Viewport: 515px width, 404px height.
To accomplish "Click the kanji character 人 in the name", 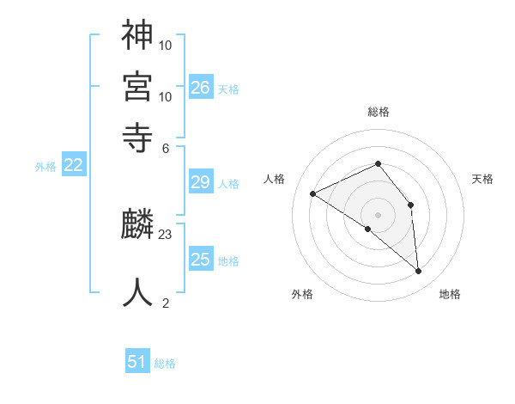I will pos(138,291).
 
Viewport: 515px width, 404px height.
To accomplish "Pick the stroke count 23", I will pos(166,234).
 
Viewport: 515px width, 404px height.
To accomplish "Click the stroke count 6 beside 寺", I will pos(166,147).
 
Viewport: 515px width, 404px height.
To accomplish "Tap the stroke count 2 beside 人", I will pos(166,303).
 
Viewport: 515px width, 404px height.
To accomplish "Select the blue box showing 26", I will pos(201,87).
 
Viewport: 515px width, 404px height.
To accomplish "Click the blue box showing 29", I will pos(201,181).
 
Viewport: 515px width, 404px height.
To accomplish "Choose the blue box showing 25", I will pos(201,260).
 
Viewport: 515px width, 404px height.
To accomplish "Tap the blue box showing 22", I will pos(74,166).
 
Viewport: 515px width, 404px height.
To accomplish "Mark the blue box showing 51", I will pos(137,362).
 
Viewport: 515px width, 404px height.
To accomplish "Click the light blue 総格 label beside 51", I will pos(165,364).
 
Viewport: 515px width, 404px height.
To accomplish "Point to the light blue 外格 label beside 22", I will pos(45,167).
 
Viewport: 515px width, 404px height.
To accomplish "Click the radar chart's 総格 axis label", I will pos(378,112).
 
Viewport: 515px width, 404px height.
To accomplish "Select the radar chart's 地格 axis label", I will pos(450,295).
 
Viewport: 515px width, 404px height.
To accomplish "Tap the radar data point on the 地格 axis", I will pos(419,272).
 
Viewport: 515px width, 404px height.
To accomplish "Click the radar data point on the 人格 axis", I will pos(313,194).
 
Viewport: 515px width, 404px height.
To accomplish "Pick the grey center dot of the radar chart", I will pos(378,214).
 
